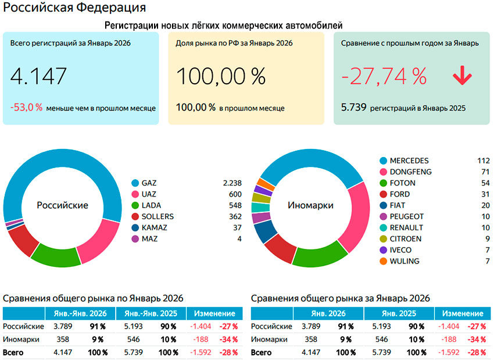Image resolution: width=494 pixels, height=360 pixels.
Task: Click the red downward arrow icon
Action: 462,76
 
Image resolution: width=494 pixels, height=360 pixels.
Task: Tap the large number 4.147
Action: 39,76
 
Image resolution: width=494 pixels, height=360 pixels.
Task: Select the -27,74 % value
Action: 384,76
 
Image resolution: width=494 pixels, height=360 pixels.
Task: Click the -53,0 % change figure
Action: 26,108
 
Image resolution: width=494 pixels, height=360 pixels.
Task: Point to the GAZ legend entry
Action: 149,183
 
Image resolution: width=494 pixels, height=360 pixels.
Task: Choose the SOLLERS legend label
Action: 157,216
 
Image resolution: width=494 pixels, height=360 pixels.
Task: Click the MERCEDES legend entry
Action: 409,161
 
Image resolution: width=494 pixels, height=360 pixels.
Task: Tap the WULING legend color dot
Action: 383,261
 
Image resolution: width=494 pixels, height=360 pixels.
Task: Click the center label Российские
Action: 62,205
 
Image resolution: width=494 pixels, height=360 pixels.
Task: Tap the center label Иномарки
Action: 310,205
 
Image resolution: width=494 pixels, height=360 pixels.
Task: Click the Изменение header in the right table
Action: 466,313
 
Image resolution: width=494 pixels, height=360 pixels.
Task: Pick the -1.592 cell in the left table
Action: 202,352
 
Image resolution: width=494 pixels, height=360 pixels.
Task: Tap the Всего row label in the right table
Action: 262,352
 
